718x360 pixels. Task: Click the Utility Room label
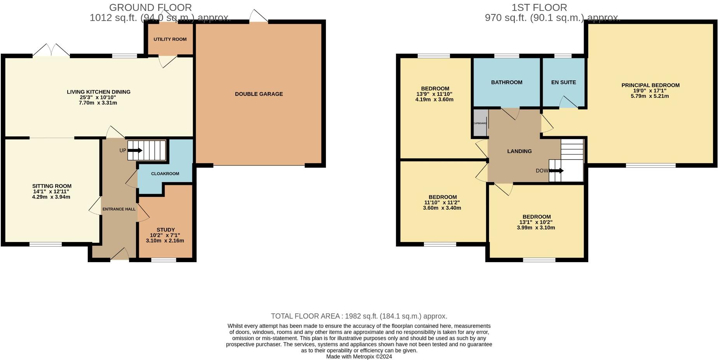tap(170, 39)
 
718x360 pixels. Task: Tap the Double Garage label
tap(259, 94)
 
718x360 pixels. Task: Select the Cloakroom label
tap(165, 174)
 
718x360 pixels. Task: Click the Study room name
tap(166, 230)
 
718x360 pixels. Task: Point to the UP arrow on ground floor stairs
tap(135, 151)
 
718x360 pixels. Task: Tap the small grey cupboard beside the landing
tap(480, 123)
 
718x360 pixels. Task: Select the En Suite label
tap(563, 82)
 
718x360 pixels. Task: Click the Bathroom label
tap(507, 82)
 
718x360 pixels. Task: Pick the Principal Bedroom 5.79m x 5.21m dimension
tap(650, 96)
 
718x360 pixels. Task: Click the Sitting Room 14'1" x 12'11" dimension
tap(51, 191)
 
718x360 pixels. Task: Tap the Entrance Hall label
tap(119, 209)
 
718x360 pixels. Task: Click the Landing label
tap(519, 151)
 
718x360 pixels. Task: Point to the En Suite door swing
tap(568, 103)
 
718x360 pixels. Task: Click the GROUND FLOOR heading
tap(150, 7)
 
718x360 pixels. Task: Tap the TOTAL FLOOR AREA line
tap(359, 316)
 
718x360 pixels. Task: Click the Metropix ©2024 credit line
tap(359, 357)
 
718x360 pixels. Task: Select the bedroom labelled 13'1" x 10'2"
tap(536, 222)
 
